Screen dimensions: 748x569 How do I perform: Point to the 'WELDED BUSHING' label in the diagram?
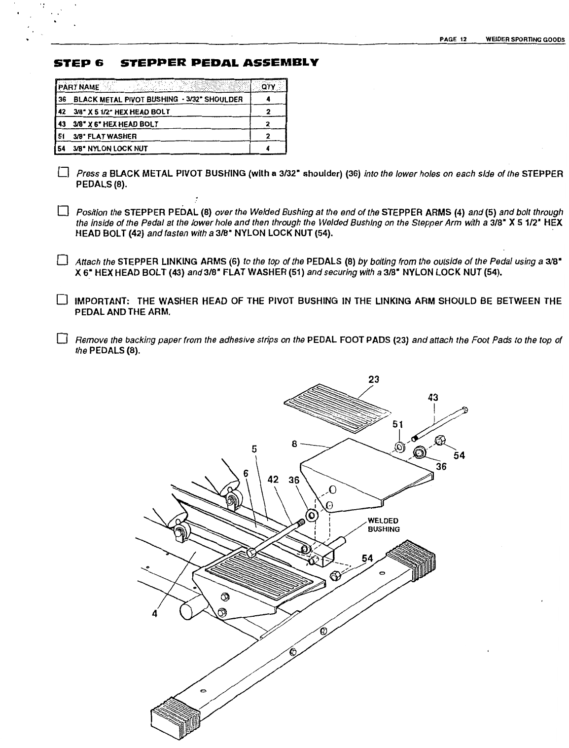tap(384, 525)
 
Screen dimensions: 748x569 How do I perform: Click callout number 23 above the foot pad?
tap(374, 379)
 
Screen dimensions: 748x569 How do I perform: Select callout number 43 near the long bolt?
tap(433, 398)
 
